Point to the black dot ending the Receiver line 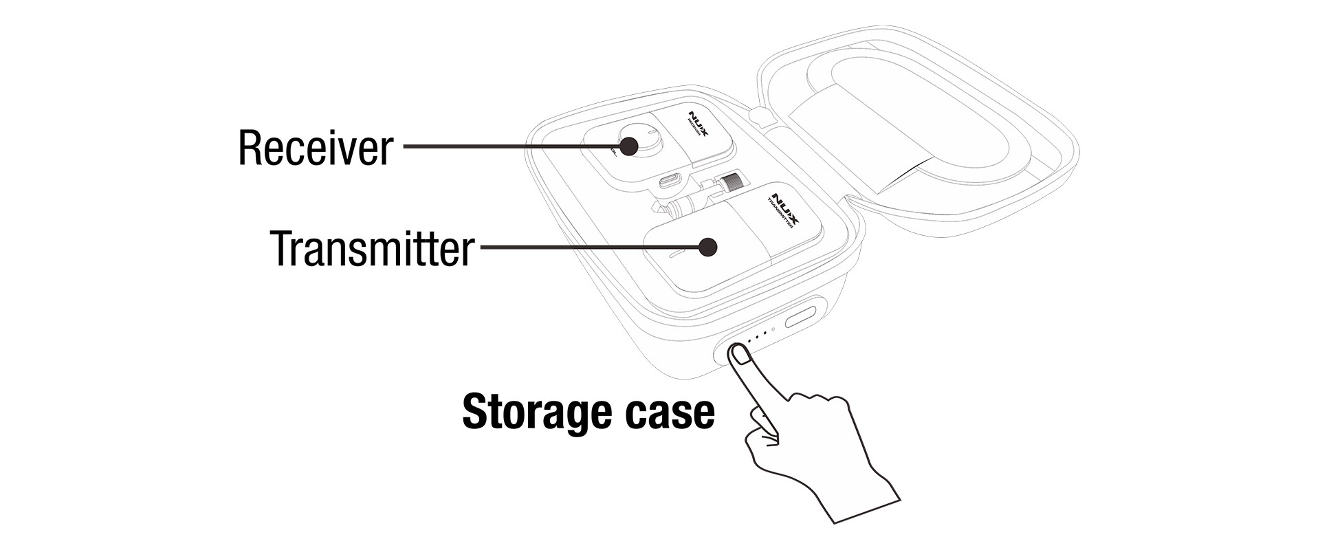628,146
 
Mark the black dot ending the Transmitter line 707,247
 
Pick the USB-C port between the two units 671,182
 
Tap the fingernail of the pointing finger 740,355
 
